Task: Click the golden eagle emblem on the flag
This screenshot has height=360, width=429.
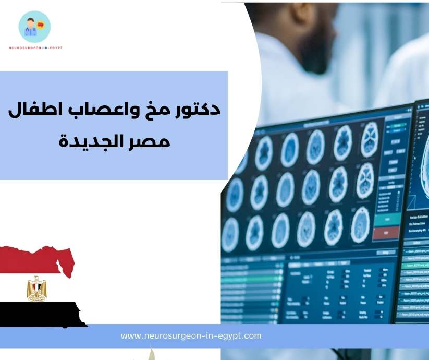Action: tap(36, 289)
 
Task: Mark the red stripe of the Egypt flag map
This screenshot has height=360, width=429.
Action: tap(31, 259)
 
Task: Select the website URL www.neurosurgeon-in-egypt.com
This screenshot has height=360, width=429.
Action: tap(191, 336)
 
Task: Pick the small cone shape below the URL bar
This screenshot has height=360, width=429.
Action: tap(152, 355)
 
